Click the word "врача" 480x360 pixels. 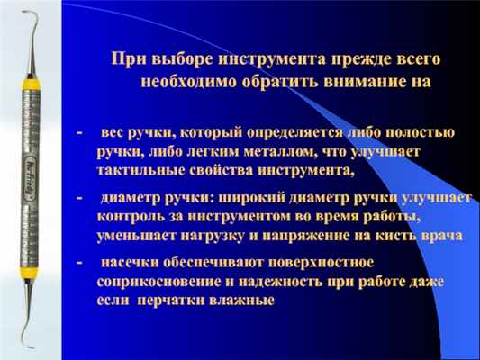pyautogui.click(x=441, y=236)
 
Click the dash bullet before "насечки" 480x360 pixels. pyautogui.click(x=79, y=263)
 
